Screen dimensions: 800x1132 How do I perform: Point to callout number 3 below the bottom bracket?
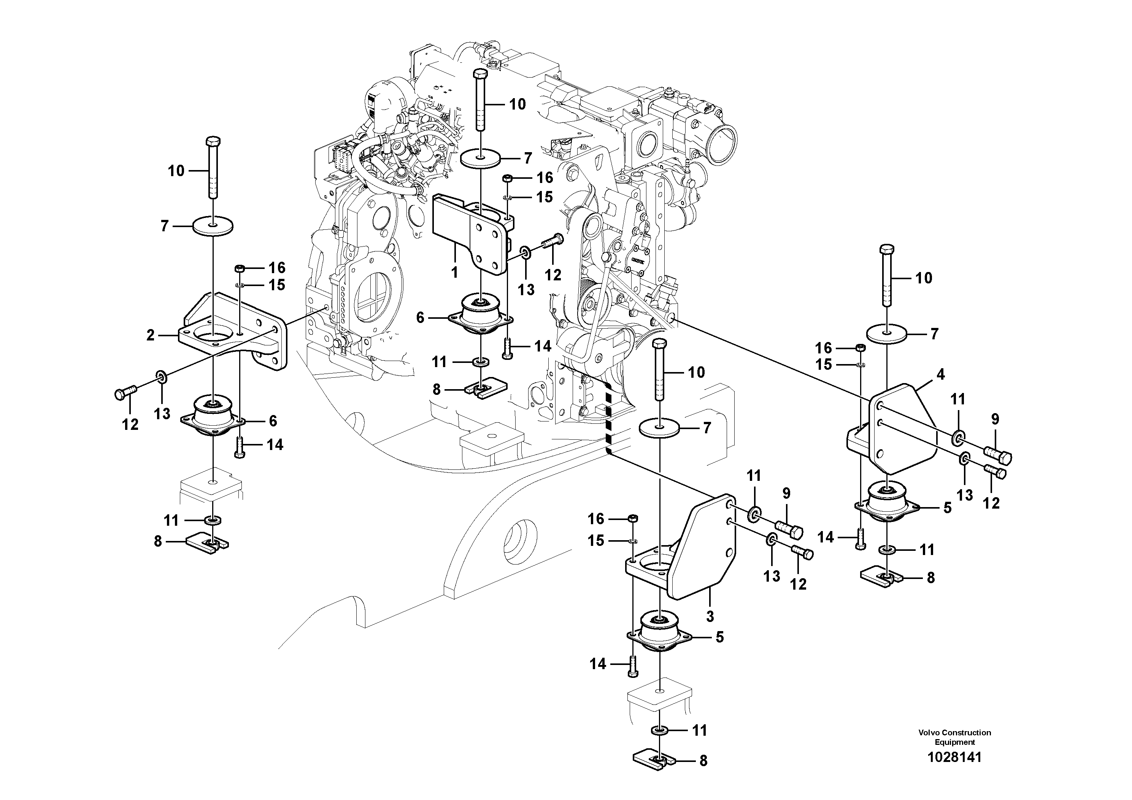point(710,616)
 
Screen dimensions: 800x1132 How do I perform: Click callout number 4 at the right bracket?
point(940,374)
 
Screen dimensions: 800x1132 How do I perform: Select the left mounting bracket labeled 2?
point(232,331)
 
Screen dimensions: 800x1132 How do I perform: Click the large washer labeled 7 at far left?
point(213,226)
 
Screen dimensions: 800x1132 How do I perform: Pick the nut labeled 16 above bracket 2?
point(240,268)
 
